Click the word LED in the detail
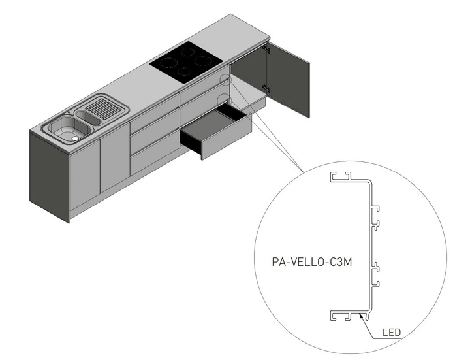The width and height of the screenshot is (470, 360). pos(392,333)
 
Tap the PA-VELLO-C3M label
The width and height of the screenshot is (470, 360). pos(312,262)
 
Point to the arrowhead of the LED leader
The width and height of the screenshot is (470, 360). pos(361,316)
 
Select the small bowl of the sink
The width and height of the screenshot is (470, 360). pos(89,117)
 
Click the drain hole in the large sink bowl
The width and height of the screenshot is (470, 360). pos(74,139)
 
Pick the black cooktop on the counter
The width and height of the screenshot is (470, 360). pos(187,62)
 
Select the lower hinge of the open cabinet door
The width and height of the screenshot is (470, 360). pos(266,88)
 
